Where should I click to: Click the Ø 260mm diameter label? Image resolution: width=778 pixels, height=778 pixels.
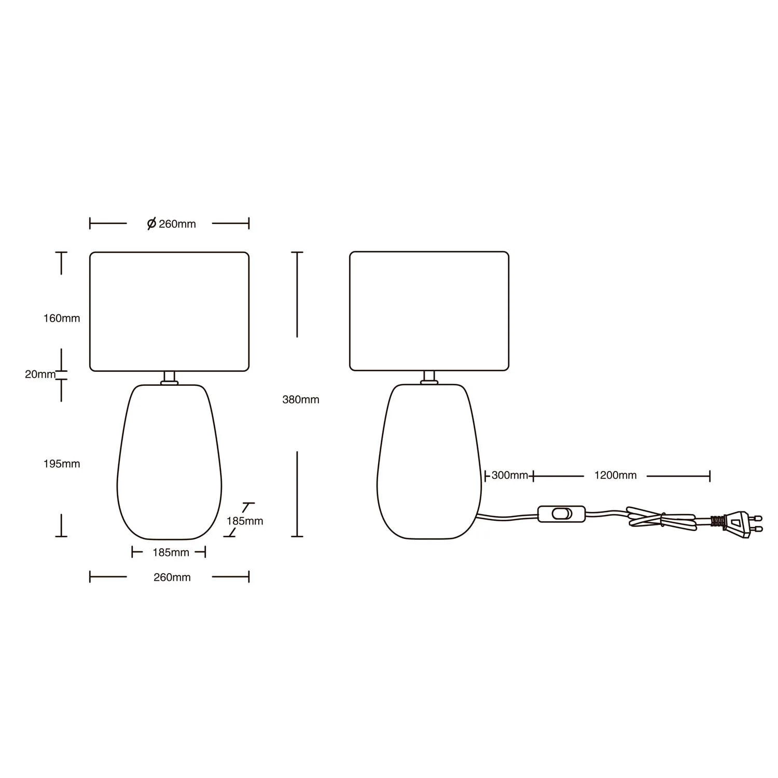click(172, 224)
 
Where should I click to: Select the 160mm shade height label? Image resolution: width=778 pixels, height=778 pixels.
click(62, 318)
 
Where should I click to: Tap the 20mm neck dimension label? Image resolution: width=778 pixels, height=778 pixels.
click(40, 374)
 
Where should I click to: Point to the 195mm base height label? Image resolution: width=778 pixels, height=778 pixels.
click(62, 464)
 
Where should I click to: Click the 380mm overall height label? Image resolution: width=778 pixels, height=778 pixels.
click(301, 399)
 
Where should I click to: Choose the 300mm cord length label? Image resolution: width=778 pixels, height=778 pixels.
click(510, 475)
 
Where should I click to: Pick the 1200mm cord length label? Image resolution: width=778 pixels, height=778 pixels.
click(616, 475)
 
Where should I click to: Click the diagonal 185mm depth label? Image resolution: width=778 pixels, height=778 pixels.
click(245, 521)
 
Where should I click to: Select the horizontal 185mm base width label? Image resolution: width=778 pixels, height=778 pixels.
click(171, 552)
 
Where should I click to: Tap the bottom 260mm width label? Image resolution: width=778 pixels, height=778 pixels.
click(172, 577)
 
